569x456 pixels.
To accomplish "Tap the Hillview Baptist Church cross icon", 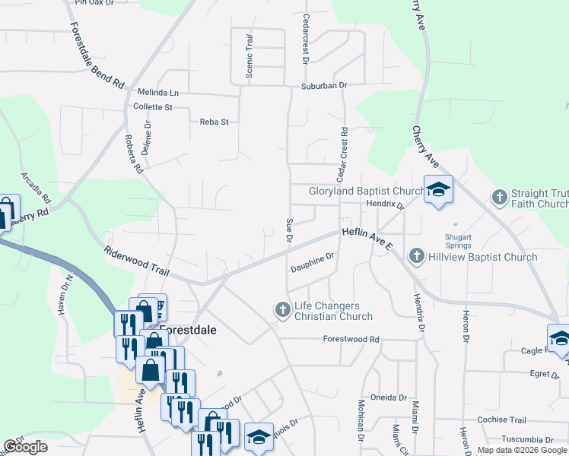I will click(x=416, y=257).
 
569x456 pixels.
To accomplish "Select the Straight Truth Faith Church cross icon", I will click(x=500, y=197).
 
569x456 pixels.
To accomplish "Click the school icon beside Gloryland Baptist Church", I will click(x=438, y=188).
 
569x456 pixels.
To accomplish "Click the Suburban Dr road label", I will click(x=323, y=86).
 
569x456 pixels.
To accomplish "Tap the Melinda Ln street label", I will click(x=157, y=92).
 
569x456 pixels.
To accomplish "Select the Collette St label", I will click(x=153, y=107).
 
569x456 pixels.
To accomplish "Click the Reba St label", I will click(x=214, y=122).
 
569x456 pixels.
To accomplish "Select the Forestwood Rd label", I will click(x=351, y=339).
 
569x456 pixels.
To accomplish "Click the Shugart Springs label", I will click(x=458, y=241).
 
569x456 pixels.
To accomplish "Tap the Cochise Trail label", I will click(x=501, y=420).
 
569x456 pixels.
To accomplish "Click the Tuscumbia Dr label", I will click(x=527, y=439).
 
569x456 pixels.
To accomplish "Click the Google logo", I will click(x=25, y=447).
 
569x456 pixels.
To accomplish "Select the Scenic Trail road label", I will click(x=249, y=55).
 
